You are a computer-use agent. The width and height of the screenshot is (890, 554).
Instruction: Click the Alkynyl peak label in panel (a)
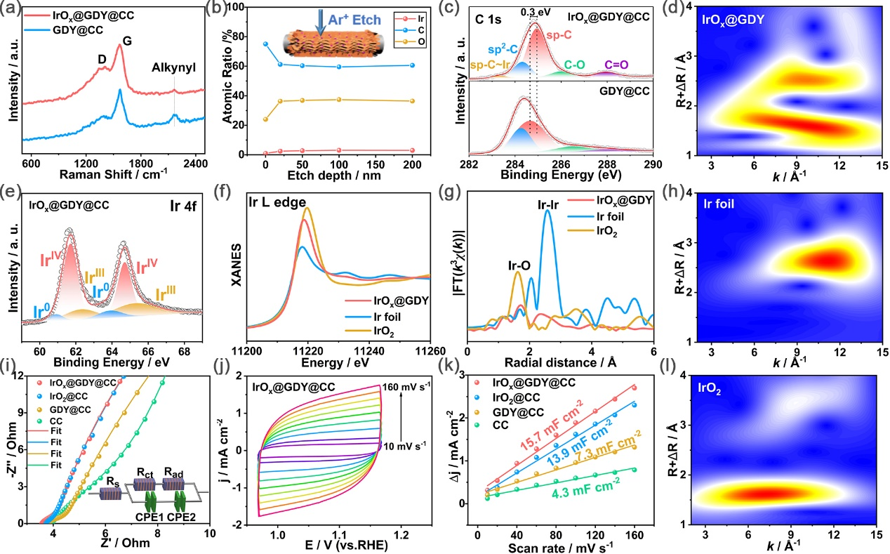[x=175, y=68]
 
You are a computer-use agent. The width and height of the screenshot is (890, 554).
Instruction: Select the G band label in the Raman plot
[x=127, y=41]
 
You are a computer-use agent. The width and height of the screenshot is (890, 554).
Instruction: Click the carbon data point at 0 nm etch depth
[x=265, y=44]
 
